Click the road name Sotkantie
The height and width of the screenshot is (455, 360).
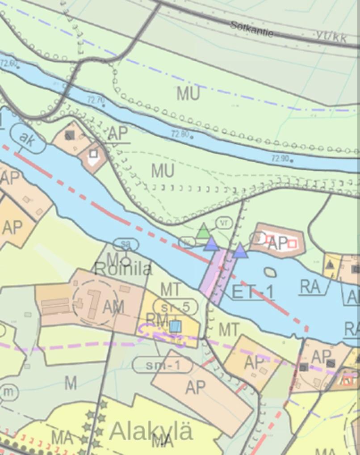coord(252,29)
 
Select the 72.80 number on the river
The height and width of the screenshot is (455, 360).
coord(180,133)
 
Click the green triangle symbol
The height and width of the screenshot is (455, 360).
coord(204,231)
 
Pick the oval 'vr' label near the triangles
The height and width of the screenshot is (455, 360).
coord(224,222)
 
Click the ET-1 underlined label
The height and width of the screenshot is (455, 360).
coord(253,292)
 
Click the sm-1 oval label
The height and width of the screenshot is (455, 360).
coord(163,365)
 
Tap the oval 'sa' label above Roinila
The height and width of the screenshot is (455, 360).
coord(126,244)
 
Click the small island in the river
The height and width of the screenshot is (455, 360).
coord(270,272)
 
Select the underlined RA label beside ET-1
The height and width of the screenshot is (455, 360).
coord(310,286)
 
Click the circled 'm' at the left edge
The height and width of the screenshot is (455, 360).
coord(8,392)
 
